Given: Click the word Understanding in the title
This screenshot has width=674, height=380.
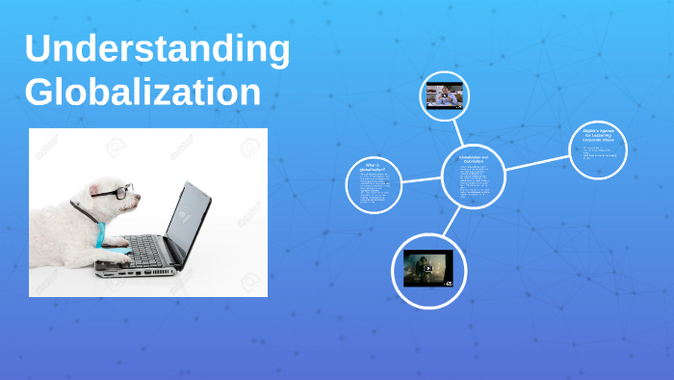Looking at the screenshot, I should (x=157, y=51).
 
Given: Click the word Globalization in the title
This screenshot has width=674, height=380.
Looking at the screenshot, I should (x=143, y=93).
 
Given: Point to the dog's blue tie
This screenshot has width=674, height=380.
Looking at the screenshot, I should (x=100, y=231).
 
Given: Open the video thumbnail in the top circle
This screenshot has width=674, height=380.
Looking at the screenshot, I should (x=444, y=95).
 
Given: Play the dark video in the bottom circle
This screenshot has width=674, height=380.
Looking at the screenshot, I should (x=428, y=268).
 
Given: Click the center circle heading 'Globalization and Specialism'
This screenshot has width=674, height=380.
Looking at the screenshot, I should (x=474, y=159).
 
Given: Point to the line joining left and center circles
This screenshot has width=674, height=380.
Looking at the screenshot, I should (x=425, y=178).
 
